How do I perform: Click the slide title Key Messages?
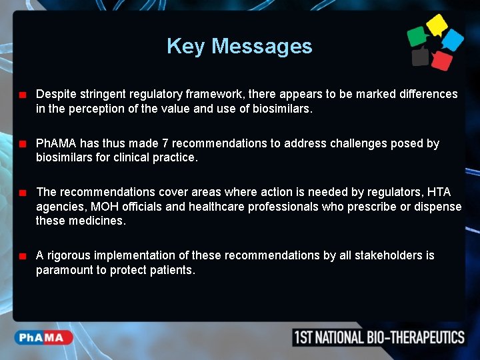pos(239,46)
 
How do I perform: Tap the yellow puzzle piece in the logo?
pos(437,25)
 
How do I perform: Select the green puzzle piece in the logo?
pos(417,36)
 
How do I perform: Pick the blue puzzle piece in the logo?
pos(453,39)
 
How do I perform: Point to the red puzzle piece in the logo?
pos(441,59)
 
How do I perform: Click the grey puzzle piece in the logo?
pos(420,57)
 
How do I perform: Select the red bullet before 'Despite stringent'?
pos(22,95)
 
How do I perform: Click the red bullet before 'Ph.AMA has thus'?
pos(22,144)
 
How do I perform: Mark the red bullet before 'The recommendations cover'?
pos(22,193)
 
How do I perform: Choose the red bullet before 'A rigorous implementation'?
pos(22,256)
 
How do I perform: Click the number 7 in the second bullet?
pos(165,143)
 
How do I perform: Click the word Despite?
pos(55,94)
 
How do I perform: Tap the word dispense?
pos(438,207)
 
